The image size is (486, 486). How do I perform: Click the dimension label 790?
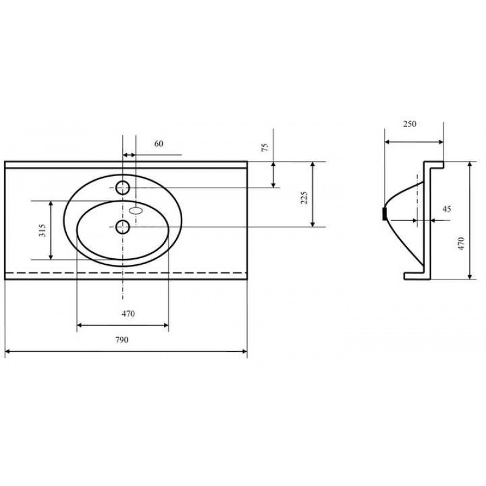click(x=122, y=340)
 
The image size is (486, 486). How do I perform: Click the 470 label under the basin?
click(x=128, y=313)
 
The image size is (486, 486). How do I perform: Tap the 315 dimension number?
click(x=42, y=230)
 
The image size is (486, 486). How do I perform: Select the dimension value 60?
click(x=159, y=144)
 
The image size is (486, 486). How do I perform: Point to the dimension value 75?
click(x=265, y=147)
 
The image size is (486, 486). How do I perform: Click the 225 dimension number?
click(x=304, y=198)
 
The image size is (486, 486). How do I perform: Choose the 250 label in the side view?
click(x=409, y=124)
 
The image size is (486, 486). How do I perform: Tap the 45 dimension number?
click(x=447, y=209)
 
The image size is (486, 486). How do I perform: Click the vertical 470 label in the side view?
click(x=461, y=244)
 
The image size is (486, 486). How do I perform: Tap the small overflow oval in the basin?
click(x=135, y=211)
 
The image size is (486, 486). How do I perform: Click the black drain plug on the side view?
click(x=385, y=214)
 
